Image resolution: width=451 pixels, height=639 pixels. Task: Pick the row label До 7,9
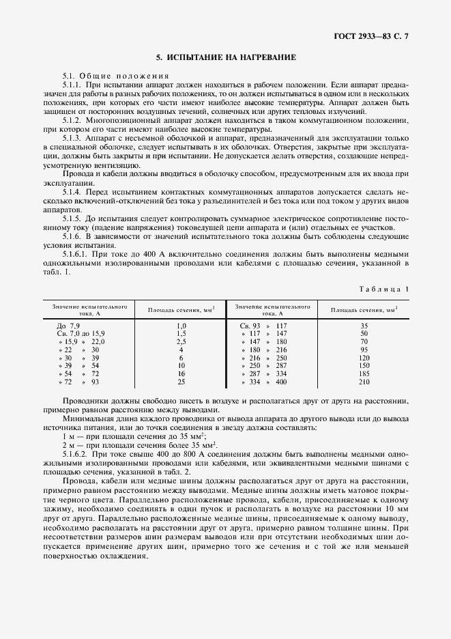[x=69, y=326]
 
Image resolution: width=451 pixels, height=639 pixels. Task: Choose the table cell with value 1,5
[x=181, y=333]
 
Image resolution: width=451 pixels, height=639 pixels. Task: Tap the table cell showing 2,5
[x=181, y=341]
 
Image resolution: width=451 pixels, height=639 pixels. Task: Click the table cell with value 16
[x=181, y=374]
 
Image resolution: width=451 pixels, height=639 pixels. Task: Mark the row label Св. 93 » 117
[x=264, y=326]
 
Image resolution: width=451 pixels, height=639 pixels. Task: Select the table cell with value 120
[x=364, y=358]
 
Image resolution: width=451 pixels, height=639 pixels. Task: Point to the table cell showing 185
[x=364, y=374]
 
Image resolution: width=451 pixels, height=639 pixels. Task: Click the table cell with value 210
[x=364, y=382]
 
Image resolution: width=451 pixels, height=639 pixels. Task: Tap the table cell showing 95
[x=364, y=350]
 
